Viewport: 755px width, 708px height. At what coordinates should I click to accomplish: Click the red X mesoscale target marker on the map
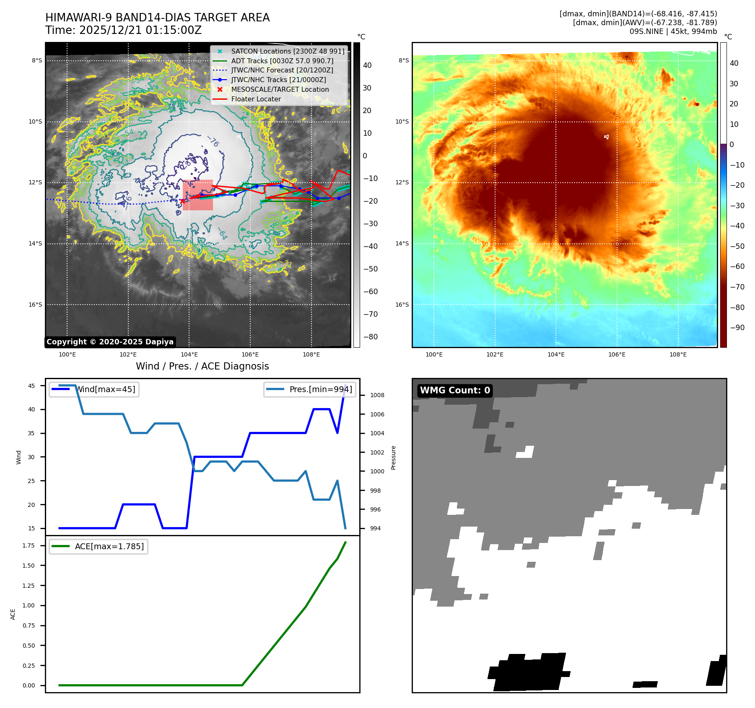pos(182,201)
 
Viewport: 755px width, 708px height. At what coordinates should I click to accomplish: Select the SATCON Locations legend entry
pos(287,51)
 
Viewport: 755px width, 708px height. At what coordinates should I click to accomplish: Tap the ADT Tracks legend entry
pos(282,61)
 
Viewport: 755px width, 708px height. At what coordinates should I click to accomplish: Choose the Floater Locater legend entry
pos(256,99)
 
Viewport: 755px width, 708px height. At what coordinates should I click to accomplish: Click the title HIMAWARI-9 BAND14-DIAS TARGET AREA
pos(157,18)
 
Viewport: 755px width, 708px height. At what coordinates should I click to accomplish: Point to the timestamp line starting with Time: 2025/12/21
pos(123,30)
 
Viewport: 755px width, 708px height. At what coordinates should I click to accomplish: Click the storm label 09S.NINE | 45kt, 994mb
pos(673,31)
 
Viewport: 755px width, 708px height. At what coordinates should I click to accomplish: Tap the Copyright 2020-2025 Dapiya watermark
pos(110,342)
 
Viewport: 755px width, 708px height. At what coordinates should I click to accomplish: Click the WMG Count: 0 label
pos(455,390)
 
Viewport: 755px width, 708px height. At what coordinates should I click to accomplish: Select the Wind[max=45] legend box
pos(94,389)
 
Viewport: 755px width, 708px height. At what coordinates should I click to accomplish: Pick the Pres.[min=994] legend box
pos(310,389)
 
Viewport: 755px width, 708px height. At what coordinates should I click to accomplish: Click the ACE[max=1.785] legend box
pos(99,546)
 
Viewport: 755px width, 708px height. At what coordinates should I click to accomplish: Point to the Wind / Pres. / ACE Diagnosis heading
pos(202,366)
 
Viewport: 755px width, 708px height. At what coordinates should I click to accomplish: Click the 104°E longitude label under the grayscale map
pos(189,354)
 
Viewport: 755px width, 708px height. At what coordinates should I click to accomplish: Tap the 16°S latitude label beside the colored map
pos(402,305)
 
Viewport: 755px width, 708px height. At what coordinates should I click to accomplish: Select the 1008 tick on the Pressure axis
pos(377,395)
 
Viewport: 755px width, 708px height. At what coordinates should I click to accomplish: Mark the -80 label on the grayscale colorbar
pos(370,337)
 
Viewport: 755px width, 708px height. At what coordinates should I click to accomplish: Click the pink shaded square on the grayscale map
pos(198,195)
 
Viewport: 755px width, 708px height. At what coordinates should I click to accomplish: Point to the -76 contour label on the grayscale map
pos(213,142)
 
